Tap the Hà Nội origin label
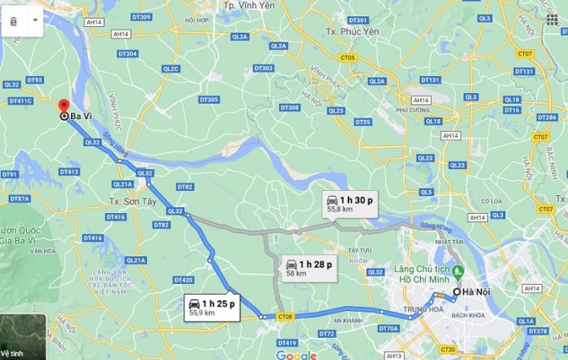click(x=473, y=291)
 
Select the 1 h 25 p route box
click(x=212, y=306)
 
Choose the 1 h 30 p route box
click(x=350, y=204)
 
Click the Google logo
click(x=295, y=355)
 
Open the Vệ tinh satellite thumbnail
click(x=22, y=337)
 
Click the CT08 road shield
click(x=285, y=316)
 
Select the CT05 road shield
click(x=348, y=58)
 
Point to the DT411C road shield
click(x=20, y=101)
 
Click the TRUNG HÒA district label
click(x=421, y=310)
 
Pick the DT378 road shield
click(x=538, y=331)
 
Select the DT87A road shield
click(x=20, y=198)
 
